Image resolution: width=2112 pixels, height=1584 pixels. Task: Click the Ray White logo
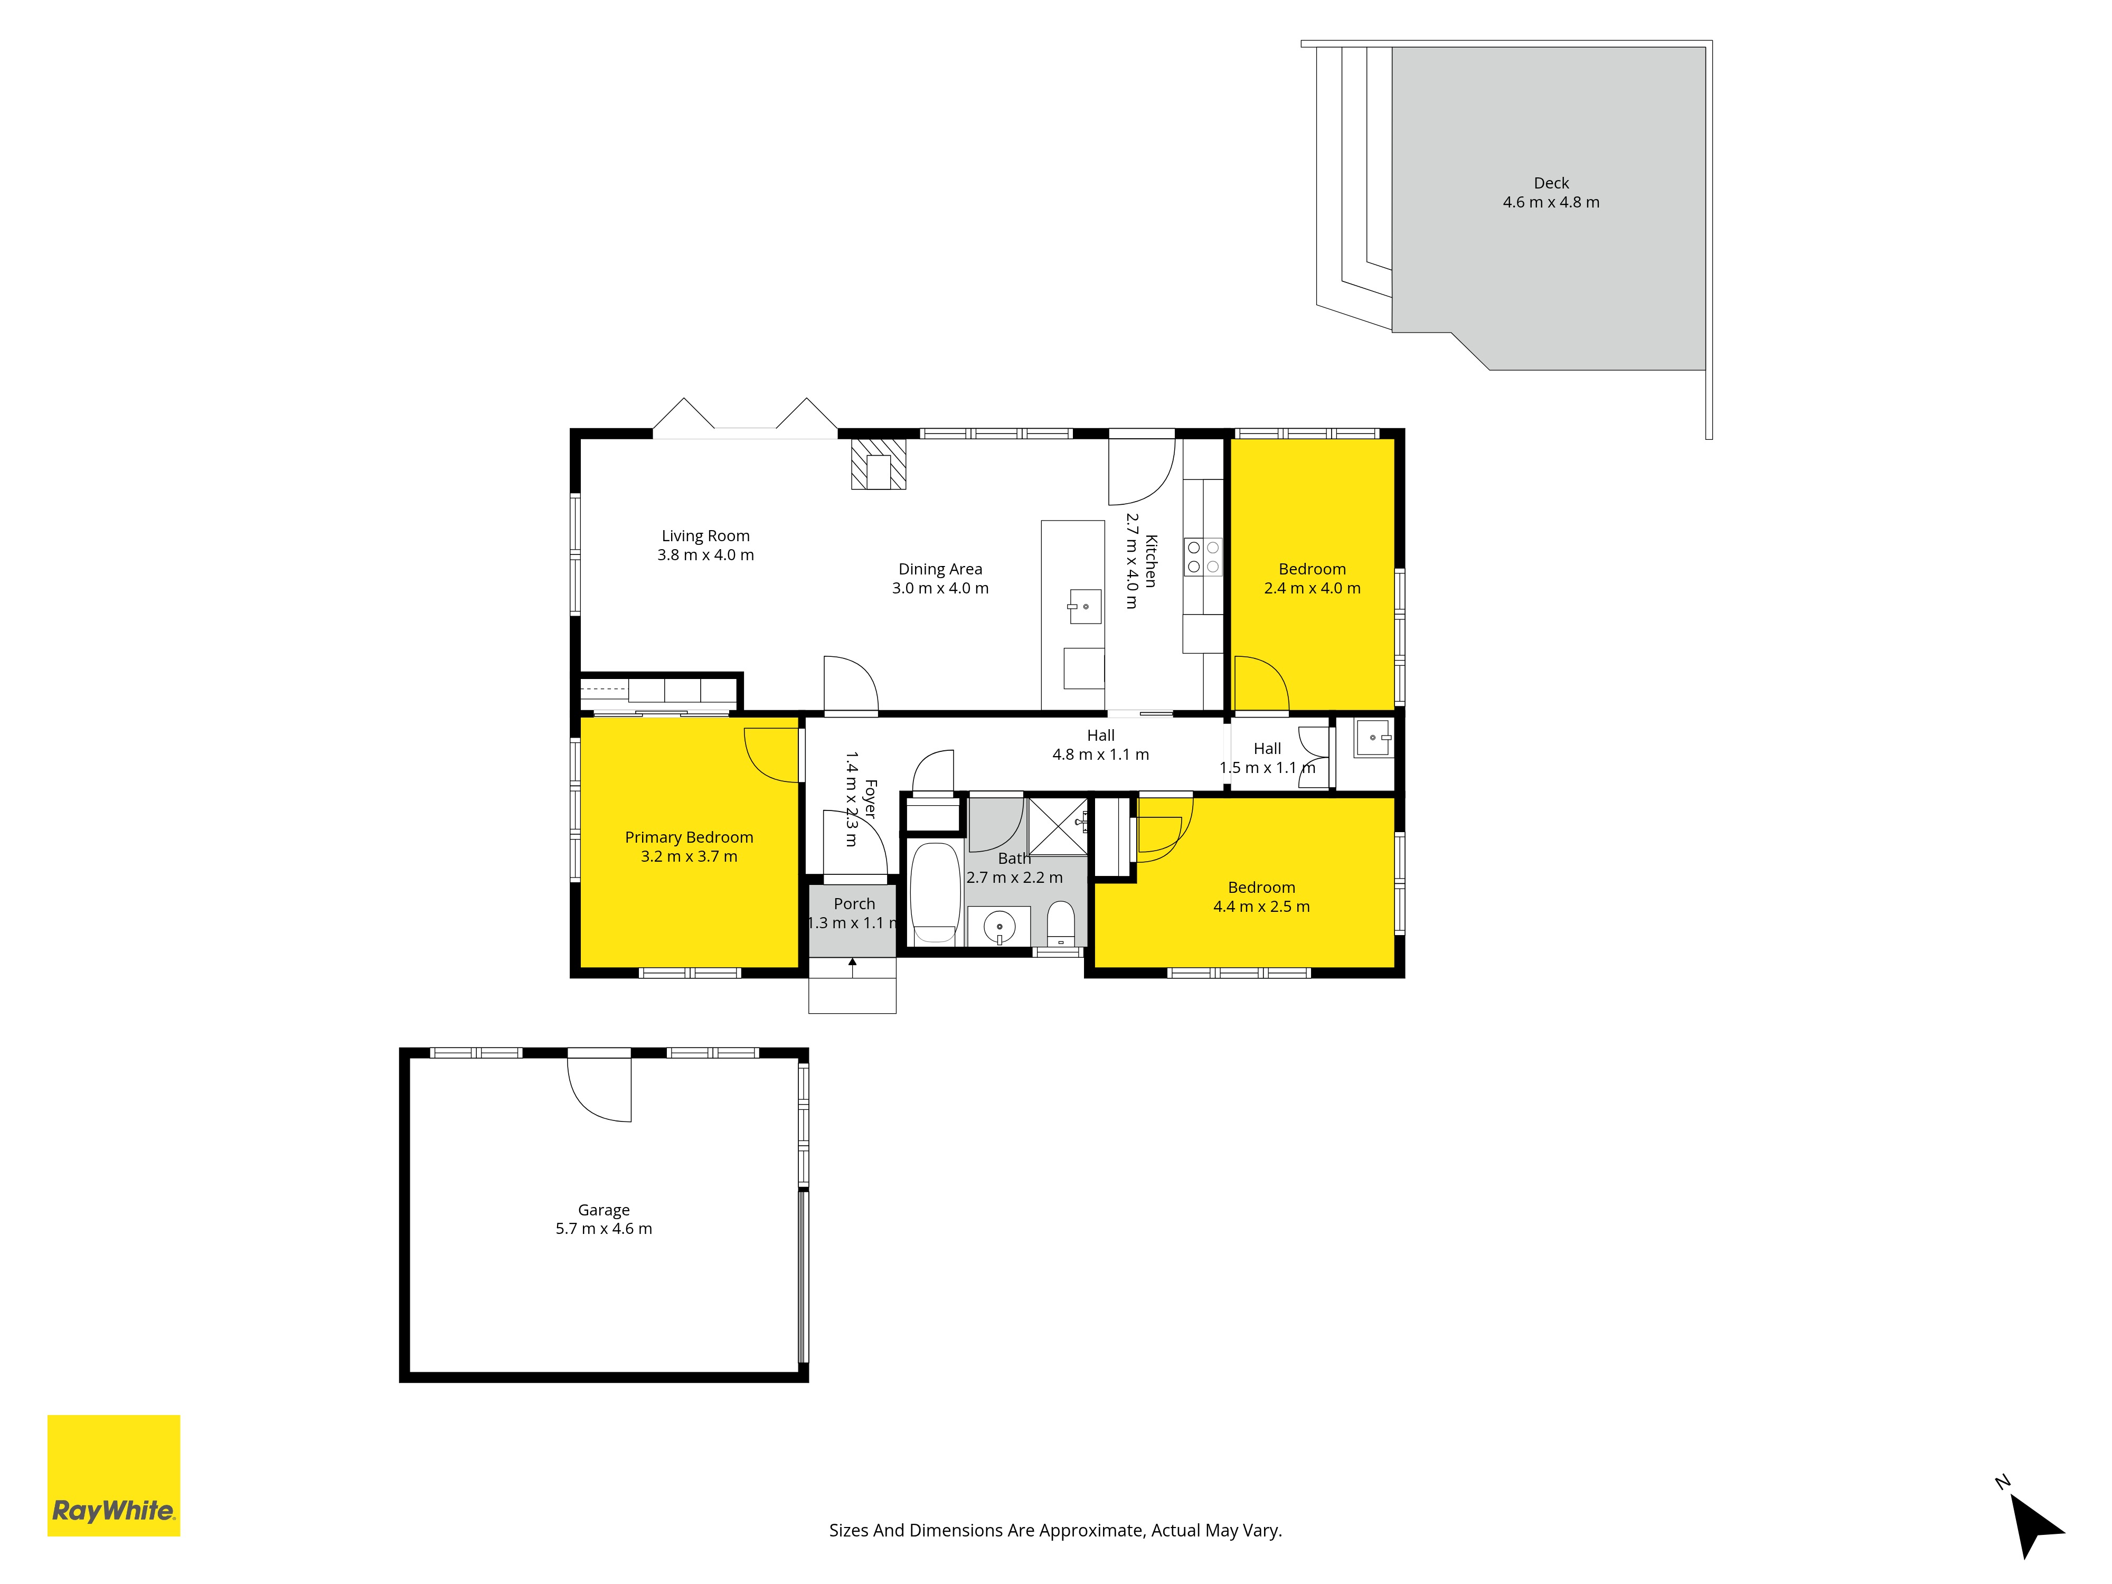click(114, 1475)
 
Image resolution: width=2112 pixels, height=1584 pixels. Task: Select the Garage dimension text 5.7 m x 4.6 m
click(604, 1229)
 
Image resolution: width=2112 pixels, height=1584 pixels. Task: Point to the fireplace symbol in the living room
click(879, 464)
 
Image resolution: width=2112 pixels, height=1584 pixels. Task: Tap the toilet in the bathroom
click(1061, 925)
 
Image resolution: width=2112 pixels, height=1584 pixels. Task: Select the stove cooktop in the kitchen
click(1203, 557)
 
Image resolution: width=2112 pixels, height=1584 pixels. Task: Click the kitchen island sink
click(1085, 606)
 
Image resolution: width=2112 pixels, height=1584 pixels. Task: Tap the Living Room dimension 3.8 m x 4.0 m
click(705, 555)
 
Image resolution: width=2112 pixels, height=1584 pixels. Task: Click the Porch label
click(854, 903)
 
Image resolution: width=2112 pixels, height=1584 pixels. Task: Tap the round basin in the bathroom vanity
click(999, 926)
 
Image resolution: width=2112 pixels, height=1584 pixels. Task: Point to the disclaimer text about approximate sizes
click(1055, 1531)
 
